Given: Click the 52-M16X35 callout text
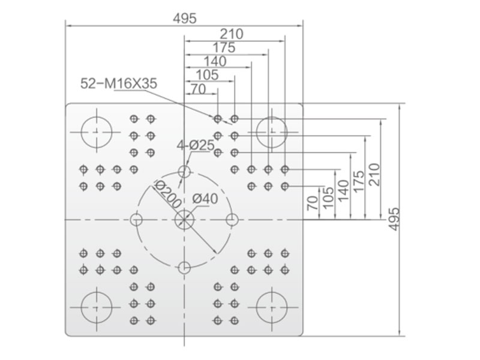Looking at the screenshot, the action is [118, 83].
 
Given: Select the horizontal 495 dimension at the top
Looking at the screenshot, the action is [185, 19].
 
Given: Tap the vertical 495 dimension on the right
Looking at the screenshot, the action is [395, 219].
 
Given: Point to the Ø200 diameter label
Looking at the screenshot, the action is [167, 194].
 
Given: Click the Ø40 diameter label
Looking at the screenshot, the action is [205, 199].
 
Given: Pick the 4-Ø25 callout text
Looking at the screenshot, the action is [196, 145].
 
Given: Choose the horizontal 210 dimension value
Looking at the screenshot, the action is [232, 34].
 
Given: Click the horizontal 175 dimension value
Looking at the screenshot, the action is [224, 48].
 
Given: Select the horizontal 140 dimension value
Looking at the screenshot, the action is [215, 62].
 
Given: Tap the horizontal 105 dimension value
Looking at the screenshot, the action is [207, 75].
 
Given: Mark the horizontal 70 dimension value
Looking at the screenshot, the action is [199, 89].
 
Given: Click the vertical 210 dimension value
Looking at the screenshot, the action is [374, 175].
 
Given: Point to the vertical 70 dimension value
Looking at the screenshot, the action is [313, 203].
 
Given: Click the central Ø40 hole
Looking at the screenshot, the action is [184, 220].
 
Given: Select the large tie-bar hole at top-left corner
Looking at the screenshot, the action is [97, 132].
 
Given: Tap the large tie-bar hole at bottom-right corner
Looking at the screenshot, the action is [272, 307].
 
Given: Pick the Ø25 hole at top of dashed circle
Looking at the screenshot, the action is [184, 171].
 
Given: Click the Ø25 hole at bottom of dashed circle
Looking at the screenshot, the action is [184, 268].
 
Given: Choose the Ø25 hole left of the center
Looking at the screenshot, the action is [136, 220].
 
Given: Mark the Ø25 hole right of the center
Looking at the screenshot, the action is [232, 220].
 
